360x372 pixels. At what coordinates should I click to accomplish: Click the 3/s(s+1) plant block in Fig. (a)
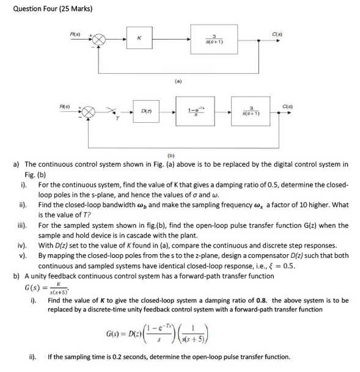tap(213, 38)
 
